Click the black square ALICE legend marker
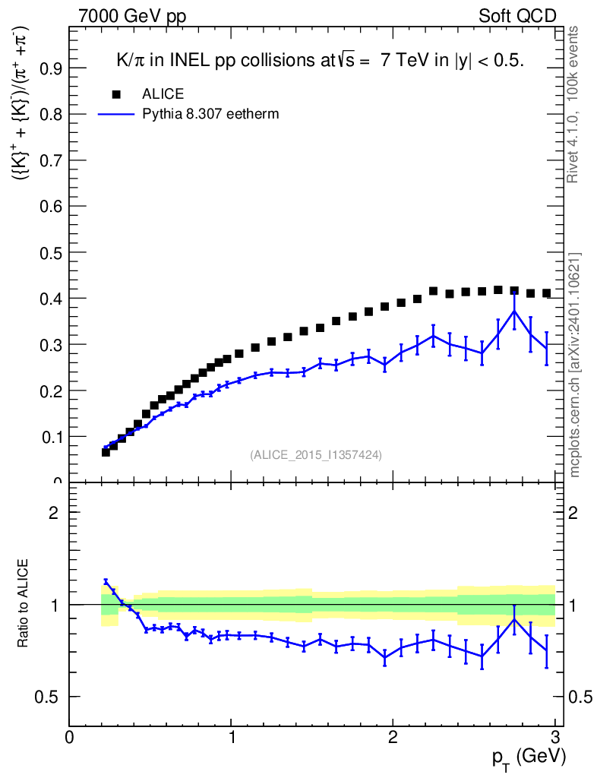[x=116, y=94]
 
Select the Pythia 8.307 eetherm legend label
[x=211, y=114]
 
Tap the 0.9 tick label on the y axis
[x=47, y=68]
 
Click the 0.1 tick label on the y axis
[x=47, y=437]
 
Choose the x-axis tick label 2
[x=393, y=738]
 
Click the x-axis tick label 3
[x=554, y=738]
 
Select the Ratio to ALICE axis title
[x=24, y=604]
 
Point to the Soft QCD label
[x=517, y=16]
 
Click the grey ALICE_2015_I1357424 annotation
[x=315, y=454]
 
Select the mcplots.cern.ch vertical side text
[x=575, y=365]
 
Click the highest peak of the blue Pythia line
[x=514, y=311]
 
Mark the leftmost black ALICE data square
[x=106, y=452]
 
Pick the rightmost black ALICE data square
[x=547, y=293]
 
